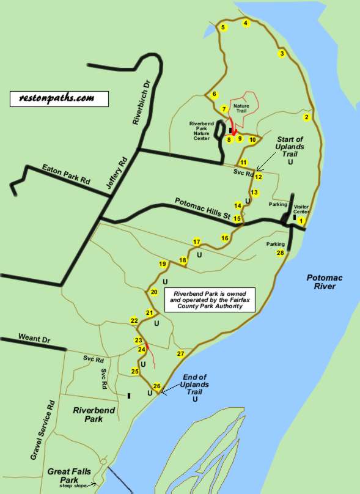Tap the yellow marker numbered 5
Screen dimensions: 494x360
pos(223,28)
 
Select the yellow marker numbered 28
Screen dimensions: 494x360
pos(280,253)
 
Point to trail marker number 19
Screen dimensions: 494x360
pos(163,264)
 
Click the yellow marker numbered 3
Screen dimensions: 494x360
pos(282,54)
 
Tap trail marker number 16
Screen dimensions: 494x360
pos(225,238)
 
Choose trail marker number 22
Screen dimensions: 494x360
pos(134,320)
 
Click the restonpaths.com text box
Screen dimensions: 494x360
pos(59,98)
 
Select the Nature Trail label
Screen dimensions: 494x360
pos(241,109)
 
